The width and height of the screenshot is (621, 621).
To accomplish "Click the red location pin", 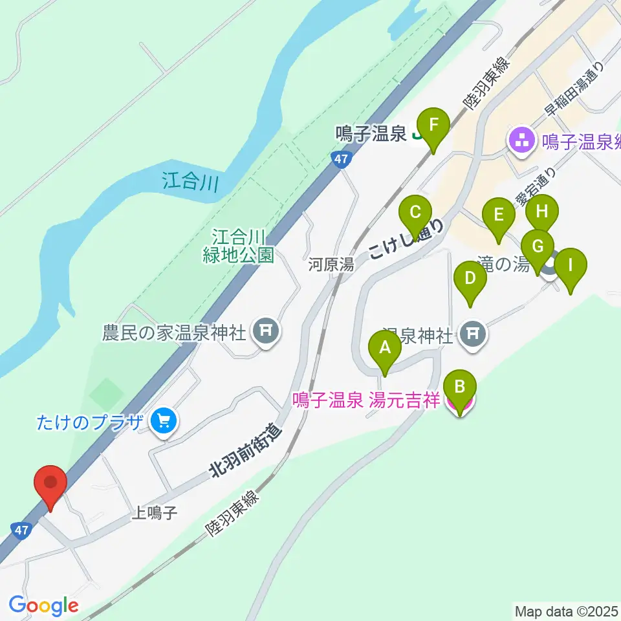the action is (x=50, y=486).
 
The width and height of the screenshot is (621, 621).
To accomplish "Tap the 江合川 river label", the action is (x=190, y=181).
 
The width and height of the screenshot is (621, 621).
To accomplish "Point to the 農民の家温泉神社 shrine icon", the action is (x=265, y=332).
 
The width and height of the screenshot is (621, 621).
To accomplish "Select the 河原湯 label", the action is (x=331, y=264).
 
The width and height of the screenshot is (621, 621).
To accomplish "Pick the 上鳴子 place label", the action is (x=154, y=513).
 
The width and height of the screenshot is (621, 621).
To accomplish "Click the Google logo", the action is (x=44, y=605).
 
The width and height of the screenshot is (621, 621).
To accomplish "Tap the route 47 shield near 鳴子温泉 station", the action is (x=342, y=159).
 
